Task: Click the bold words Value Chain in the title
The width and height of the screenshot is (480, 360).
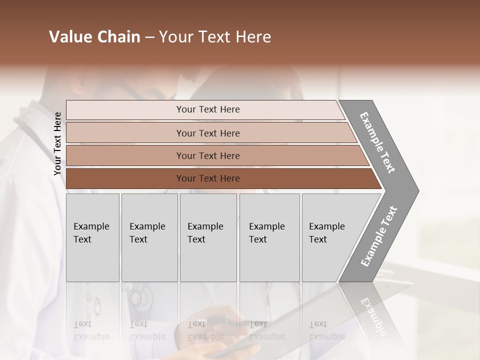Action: click(x=94, y=37)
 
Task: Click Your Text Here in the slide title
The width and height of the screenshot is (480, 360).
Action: click(x=215, y=37)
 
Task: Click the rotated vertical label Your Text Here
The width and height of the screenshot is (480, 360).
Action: click(x=57, y=143)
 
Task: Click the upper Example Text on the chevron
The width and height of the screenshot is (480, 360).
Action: click(x=377, y=142)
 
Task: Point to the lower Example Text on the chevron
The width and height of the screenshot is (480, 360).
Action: click(x=378, y=236)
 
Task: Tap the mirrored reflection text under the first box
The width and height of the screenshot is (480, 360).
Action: click(x=90, y=330)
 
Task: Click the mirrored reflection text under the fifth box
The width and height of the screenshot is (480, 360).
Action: click(x=326, y=330)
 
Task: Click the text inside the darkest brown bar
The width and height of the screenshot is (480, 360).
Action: click(x=208, y=178)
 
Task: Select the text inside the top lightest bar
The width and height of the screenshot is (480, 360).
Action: click(x=208, y=109)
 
